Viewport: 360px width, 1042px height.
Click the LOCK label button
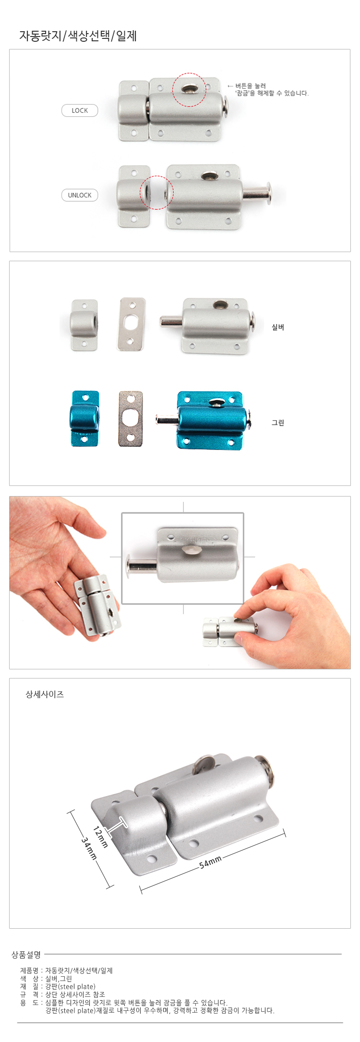pos(80,110)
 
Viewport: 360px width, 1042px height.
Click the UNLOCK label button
pos(80,195)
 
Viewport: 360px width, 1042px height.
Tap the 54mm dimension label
pos(210,862)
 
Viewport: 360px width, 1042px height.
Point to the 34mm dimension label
pos(89,848)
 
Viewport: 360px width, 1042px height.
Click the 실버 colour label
pos(278,327)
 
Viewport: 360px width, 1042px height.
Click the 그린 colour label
pos(278,423)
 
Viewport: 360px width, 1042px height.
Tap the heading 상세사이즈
pos(45,694)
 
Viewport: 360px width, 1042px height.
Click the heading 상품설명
pos(26,954)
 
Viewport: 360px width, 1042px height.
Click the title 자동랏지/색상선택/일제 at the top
pos(78,36)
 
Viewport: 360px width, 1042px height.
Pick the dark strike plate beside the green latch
pos(131,419)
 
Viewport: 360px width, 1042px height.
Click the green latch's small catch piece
pos(85,419)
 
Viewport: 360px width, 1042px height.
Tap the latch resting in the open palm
pos(98,606)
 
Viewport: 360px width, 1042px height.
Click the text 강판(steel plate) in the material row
pos(70,987)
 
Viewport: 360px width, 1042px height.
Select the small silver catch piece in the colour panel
pos(84,325)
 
